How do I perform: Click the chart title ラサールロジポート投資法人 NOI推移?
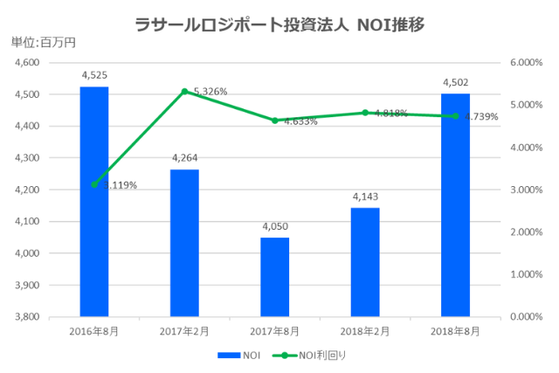[279, 24]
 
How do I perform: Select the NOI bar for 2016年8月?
[94, 201]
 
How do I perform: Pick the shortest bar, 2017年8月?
[274, 277]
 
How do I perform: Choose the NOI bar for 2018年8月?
[455, 204]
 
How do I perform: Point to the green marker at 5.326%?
[184, 91]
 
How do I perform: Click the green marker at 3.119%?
[94, 184]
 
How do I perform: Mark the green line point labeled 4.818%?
[365, 113]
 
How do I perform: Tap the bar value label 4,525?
[94, 76]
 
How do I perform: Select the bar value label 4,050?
[274, 226]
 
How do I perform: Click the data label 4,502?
[455, 82]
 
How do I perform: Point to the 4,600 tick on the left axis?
[28, 63]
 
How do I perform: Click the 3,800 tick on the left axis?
[28, 316]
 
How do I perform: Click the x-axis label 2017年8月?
[274, 331]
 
